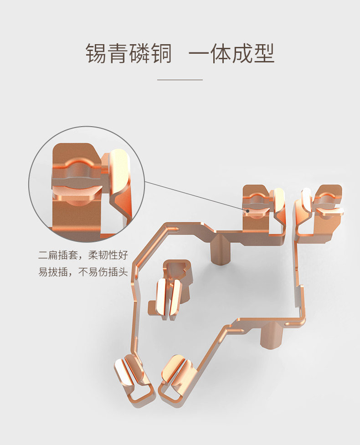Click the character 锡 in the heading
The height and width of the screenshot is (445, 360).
[x=96, y=54]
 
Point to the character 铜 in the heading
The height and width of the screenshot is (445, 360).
[x=162, y=54]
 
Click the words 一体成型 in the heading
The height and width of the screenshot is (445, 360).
[x=231, y=54]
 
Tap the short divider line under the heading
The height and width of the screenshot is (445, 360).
[x=180, y=80]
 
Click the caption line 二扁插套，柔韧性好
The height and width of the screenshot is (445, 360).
[x=83, y=255]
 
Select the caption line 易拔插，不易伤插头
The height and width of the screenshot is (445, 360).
[x=83, y=272]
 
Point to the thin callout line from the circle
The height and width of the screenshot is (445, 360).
[x=196, y=196]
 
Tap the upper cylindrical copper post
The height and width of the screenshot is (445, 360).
[x=221, y=248]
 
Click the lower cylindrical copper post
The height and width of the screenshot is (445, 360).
[x=268, y=335]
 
